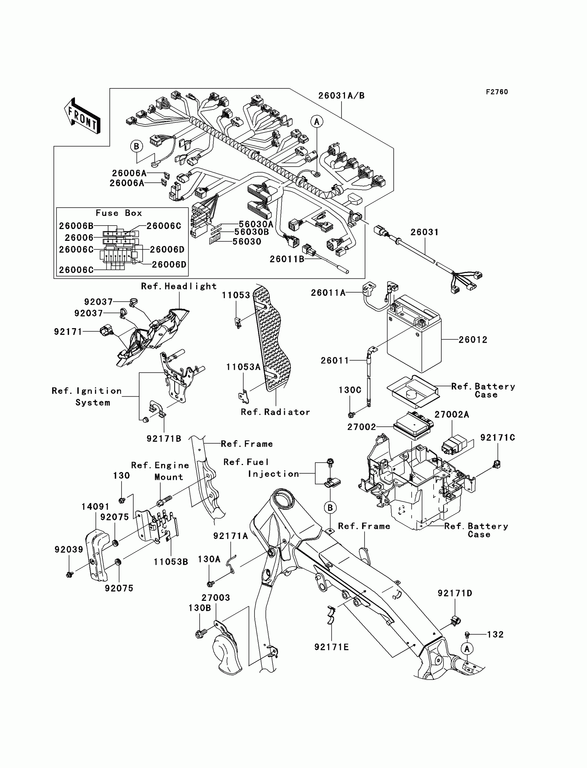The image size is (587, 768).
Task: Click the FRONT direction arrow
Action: point(82,116)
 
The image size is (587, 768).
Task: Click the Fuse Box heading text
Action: point(119,213)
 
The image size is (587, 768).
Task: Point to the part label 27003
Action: point(215,597)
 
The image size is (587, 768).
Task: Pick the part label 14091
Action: point(95,506)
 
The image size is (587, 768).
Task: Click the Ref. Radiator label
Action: point(275,412)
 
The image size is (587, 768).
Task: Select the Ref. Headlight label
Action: point(179,286)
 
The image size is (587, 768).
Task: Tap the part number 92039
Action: point(69,550)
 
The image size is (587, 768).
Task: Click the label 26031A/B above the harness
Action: point(341,96)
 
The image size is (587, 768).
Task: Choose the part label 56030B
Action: point(252,232)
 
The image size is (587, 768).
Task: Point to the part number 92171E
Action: point(331,647)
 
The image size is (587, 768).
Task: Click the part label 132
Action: point(495,634)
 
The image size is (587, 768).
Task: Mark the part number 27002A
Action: point(452,415)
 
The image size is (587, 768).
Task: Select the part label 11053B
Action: point(171,562)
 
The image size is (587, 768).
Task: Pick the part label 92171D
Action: point(455,593)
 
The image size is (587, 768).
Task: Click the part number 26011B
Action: point(287,259)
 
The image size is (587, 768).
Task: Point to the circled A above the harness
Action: point(317,122)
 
